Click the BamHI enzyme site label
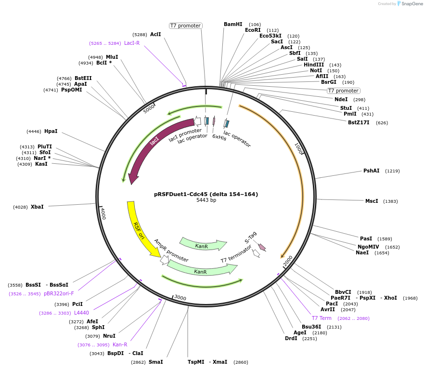pos(233,24)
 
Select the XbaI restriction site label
pos(37,207)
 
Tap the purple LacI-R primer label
pos(132,43)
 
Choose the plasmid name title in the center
pos(206,194)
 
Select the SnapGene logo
pos(409,3)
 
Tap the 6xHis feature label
pos(219,137)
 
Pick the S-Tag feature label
pos(251,237)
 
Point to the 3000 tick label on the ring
pos(180,298)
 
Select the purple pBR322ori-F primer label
pos(59,293)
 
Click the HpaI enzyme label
pos(51,131)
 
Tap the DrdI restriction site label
pos(291,338)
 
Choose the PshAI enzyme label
pos(371,171)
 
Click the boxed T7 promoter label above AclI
pos(185,26)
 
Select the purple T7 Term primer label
pos(322,318)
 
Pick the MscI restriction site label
pos(372,201)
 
